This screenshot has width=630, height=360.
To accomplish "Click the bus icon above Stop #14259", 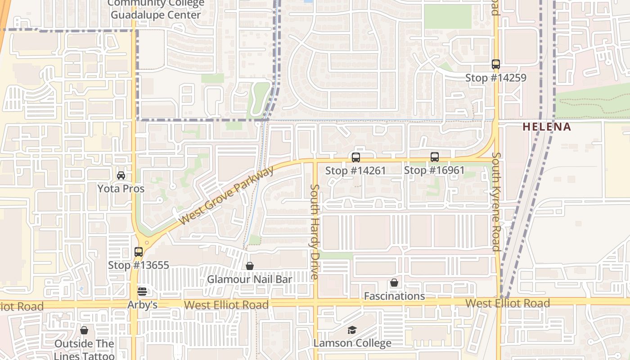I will click(495, 64).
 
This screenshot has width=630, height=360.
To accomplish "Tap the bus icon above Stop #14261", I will click(355, 157).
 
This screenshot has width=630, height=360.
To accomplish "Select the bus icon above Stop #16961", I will click(434, 157).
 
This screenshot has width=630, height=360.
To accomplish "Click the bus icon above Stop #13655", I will click(139, 252).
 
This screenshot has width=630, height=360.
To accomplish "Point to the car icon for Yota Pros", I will click(121, 175).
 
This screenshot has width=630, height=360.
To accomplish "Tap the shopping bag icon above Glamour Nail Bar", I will click(250, 266).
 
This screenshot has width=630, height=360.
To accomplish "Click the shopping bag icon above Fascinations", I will click(394, 283).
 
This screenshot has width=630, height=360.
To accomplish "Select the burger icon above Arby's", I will click(142, 292).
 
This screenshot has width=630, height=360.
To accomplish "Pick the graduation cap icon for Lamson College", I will click(352, 330).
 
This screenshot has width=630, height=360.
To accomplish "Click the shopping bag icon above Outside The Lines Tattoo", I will click(84, 331).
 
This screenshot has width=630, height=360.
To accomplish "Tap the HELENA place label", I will click(546, 127).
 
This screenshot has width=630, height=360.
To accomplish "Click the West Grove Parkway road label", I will click(226, 196).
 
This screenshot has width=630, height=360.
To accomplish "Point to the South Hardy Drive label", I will click(315, 231).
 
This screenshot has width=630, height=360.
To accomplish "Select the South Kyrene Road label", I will click(496, 202).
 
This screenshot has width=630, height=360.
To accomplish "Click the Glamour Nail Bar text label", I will click(249, 279).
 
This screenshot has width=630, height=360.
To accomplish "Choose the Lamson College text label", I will click(352, 343).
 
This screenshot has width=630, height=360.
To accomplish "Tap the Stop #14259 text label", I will click(495, 78).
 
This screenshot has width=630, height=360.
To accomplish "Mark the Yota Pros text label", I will click(121, 188).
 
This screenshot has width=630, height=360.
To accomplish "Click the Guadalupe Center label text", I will click(156, 15).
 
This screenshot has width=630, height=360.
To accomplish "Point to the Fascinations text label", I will click(394, 296).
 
